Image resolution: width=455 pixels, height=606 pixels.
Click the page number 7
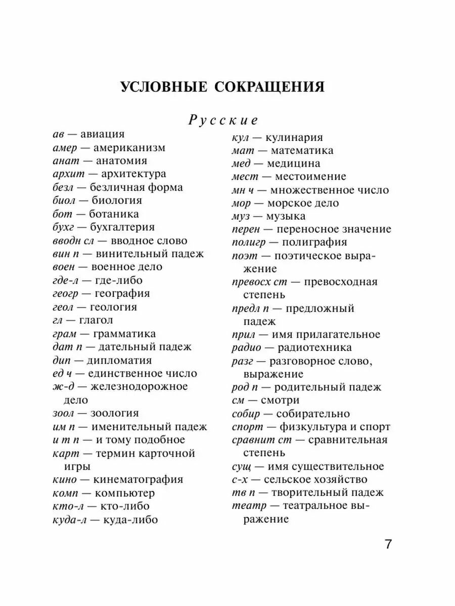point(388,545)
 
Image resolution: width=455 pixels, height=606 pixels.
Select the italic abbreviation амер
point(66,148)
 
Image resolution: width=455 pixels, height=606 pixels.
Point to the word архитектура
point(133,174)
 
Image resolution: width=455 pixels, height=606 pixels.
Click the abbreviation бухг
point(64,227)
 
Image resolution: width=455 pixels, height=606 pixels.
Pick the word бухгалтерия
point(122,227)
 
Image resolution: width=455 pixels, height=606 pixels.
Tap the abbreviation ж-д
point(64,386)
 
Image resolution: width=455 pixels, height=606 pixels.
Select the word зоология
point(114,413)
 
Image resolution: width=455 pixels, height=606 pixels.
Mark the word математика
point(302,150)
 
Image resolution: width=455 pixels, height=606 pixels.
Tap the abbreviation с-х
point(241,480)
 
